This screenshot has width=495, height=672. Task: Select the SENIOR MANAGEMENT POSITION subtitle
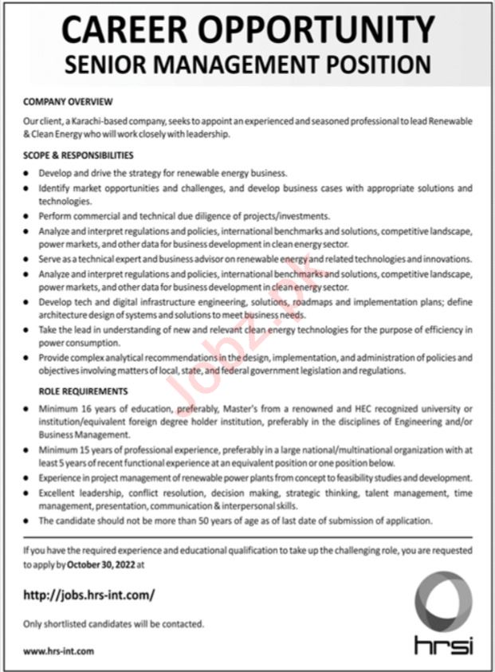(x=247, y=65)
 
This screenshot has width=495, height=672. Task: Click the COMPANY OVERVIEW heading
(x=68, y=102)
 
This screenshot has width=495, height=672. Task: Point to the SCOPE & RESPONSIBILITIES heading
(x=78, y=155)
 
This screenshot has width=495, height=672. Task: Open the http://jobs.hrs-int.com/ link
(x=88, y=595)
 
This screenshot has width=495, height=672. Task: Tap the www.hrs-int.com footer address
(x=58, y=650)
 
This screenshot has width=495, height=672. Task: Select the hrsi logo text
(x=443, y=644)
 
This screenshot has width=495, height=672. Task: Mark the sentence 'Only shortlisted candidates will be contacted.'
(x=113, y=623)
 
